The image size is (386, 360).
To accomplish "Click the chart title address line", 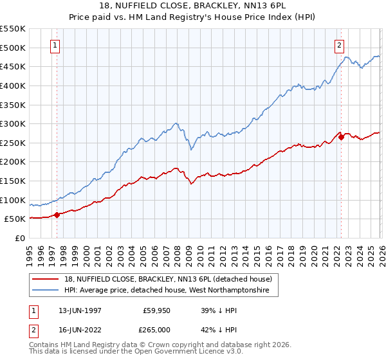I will [x=193, y=4].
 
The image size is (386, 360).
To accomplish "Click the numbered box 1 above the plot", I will [x=55, y=45].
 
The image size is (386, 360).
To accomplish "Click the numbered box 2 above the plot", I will [x=339, y=45].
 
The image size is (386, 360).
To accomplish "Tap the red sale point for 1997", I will [x=57, y=215].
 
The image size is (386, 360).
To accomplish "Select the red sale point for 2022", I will [x=341, y=137].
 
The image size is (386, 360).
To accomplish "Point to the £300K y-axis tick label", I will [x=13, y=123].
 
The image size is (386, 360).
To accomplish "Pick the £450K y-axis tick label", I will [x=13, y=66].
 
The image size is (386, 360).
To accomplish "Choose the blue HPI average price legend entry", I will [x=171, y=291].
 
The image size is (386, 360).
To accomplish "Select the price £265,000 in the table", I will [x=156, y=329].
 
